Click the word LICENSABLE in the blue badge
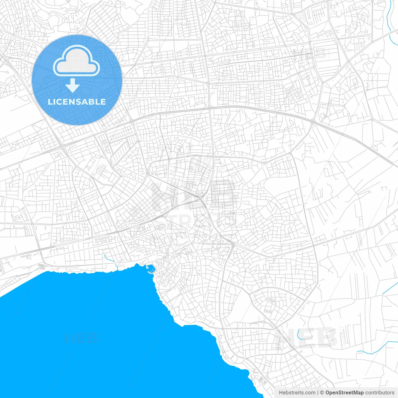pyautogui.click(x=77, y=102)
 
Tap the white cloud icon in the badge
pyautogui.click(x=76, y=61)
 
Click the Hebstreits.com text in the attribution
pyautogui.click(x=297, y=393)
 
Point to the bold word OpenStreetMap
pyautogui.click(x=344, y=393)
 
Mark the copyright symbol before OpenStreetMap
pyautogui.click(x=322, y=393)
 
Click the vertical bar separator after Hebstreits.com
pyautogui.click(x=318, y=393)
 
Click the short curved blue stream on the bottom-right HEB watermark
pyautogui.click(x=298, y=334)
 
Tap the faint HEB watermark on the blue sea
pyautogui.click(x=81, y=338)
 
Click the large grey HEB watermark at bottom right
pyautogui.click(x=306, y=337)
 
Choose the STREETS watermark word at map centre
pyautogui.click(x=196, y=221)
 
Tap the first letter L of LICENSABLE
pyautogui.click(x=50, y=102)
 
